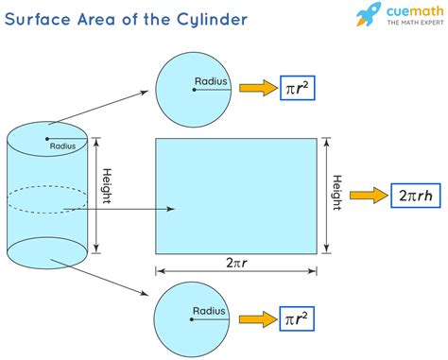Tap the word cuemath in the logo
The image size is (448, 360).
[x=408, y=12]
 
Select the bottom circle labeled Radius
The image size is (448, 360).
[x=193, y=317]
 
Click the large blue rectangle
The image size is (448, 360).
[x=236, y=195]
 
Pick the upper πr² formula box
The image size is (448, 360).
[x=296, y=89]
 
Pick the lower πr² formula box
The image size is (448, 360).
[x=296, y=318]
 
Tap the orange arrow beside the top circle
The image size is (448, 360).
[x=252, y=89]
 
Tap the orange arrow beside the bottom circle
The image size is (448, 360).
[x=252, y=318]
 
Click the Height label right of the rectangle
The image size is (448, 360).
[x=336, y=196]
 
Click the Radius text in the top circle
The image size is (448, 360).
[x=210, y=82]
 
